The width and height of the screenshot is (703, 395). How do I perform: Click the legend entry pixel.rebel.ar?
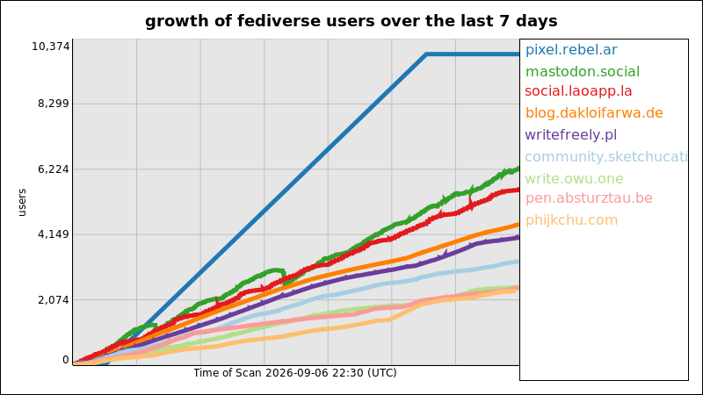coord(571,50)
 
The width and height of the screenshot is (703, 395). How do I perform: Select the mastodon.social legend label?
coord(583,72)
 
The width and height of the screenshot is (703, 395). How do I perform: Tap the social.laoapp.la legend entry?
coord(578,91)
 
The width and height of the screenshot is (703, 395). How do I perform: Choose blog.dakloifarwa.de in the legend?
coord(594,113)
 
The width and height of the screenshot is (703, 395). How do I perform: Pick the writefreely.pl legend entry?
coord(570,135)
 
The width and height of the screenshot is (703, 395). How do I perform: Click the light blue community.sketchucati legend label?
coord(606,157)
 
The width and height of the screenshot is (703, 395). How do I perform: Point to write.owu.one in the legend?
coord(575,179)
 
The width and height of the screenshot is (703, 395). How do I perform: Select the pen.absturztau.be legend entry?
coord(589,198)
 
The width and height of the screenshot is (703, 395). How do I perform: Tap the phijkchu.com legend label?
coord(572,220)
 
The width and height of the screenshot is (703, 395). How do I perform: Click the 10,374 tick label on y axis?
coord(51,47)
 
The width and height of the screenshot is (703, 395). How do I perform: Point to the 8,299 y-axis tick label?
coord(54,104)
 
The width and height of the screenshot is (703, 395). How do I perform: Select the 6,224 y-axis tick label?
coord(54,169)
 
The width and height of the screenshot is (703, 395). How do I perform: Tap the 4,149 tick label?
coord(54,234)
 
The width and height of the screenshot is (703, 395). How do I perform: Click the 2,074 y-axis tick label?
coord(54,300)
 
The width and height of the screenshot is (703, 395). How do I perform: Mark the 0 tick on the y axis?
coord(66,360)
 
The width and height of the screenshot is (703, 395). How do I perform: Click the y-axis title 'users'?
coord(22,203)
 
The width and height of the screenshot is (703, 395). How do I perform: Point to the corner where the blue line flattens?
coord(426,54)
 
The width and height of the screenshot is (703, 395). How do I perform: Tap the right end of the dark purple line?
coord(518,237)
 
